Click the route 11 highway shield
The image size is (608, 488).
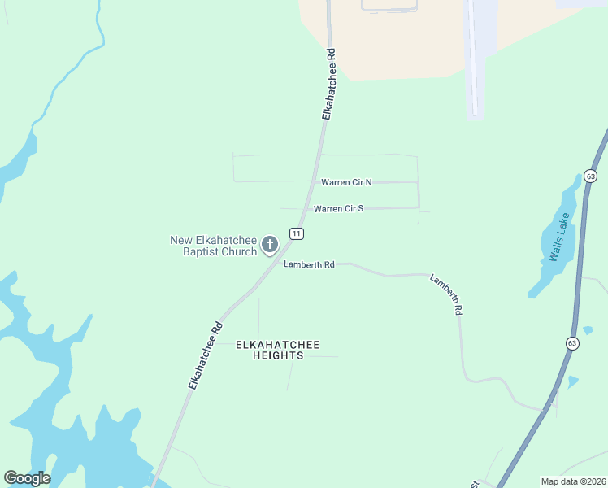click(297, 233)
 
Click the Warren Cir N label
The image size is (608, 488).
click(346, 182)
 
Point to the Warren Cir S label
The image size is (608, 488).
click(338, 208)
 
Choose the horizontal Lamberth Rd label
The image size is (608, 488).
click(309, 264)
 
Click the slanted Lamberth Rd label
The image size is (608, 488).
click(447, 294)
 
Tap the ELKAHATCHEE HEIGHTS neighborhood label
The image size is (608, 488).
click(269, 350)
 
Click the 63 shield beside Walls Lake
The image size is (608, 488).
click(590, 176)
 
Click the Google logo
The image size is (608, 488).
click(27, 478)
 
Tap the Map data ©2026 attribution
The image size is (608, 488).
click(573, 481)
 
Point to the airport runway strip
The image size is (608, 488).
click(474, 57)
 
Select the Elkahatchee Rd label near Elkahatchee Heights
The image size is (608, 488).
click(205, 356)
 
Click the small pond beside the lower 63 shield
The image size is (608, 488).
click(573, 381)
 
